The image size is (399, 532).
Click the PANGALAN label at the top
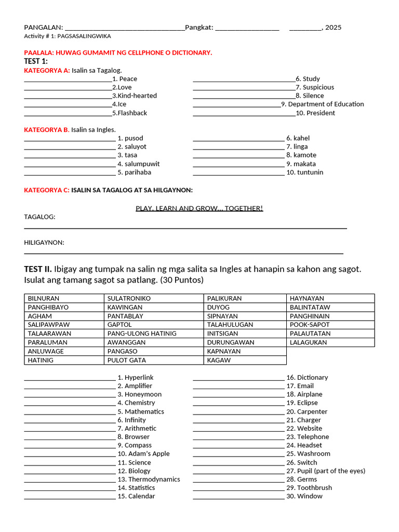(x=43, y=28)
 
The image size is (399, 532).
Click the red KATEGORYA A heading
(x=47, y=70)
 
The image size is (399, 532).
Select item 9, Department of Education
(x=323, y=104)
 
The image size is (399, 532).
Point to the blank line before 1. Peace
(x=68, y=79)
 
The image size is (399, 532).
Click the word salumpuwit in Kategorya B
(x=142, y=164)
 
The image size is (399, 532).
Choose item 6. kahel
(x=298, y=138)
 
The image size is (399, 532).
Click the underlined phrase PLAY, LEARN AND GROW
(x=199, y=208)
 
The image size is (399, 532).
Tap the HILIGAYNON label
(x=44, y=243)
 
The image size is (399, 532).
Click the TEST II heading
(x=38, y=269)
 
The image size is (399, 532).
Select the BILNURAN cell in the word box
(x=44, y=298)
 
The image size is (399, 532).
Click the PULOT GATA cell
(x=126, y=360)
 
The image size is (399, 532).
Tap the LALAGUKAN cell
(x=308, y=342)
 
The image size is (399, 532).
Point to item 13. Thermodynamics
(x=149, y=479)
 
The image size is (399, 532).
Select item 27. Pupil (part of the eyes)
(x=326, y=471)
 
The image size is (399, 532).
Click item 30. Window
(x=304, y=496)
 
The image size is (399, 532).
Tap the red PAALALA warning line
(x=118, y=53)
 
